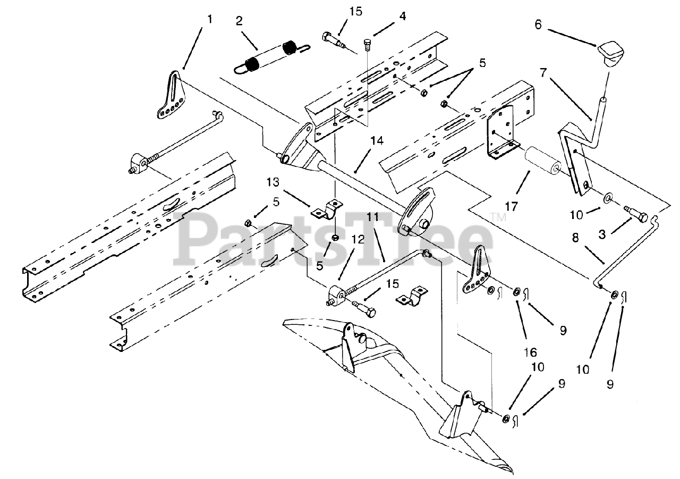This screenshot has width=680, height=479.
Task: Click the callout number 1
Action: point(210,19)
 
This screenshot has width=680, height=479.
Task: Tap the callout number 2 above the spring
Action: point(239,21)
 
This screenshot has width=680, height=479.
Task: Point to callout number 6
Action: point(538,25)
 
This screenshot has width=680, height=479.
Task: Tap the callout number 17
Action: point(511,205)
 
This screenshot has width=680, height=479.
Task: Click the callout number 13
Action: point(273,182)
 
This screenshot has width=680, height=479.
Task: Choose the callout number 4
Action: point(403,16)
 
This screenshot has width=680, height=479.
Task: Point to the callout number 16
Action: point(529,351)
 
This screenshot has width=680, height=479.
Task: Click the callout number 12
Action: point(358,240)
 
